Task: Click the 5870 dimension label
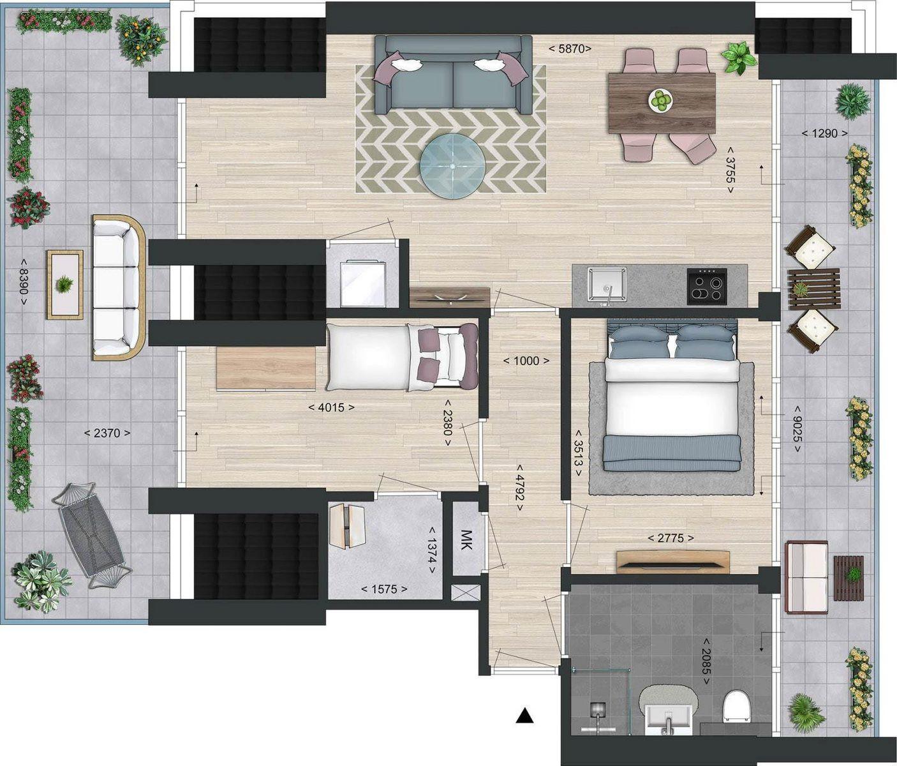pos(570,49)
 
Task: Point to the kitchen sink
pos(607,284)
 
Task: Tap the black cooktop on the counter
pos(707,286)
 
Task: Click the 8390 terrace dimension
pos(23,282)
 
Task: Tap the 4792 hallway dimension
pos(520,488)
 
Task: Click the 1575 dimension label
pos(385,589)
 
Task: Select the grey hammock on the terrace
pos(92,536)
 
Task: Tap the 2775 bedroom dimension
pos(671,539)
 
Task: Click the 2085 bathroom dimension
pos(706,661)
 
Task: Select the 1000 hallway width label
pos(526,361)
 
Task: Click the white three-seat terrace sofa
pos(119,287)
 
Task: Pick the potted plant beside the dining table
pos(739,58)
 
